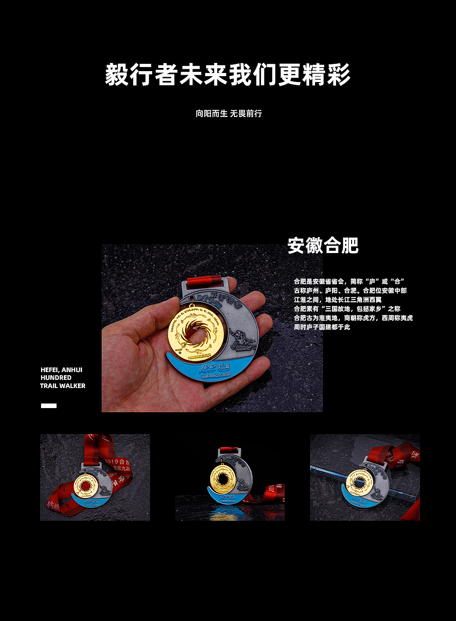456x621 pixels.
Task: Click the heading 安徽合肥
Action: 323,246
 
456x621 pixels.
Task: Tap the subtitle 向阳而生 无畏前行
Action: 228,114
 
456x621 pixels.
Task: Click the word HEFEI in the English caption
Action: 50,370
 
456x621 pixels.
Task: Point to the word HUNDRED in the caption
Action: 56,378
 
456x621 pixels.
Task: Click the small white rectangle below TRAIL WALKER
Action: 49,405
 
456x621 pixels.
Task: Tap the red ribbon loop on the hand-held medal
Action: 204,279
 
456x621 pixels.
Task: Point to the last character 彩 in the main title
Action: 338,75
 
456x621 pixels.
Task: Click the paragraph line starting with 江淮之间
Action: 337,300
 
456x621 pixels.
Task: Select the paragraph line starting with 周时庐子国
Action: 322,327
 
